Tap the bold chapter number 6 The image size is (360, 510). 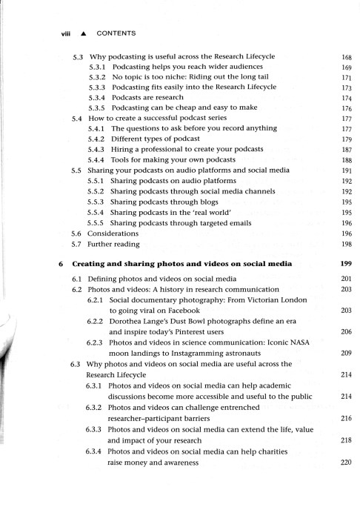[x=59, y=264]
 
